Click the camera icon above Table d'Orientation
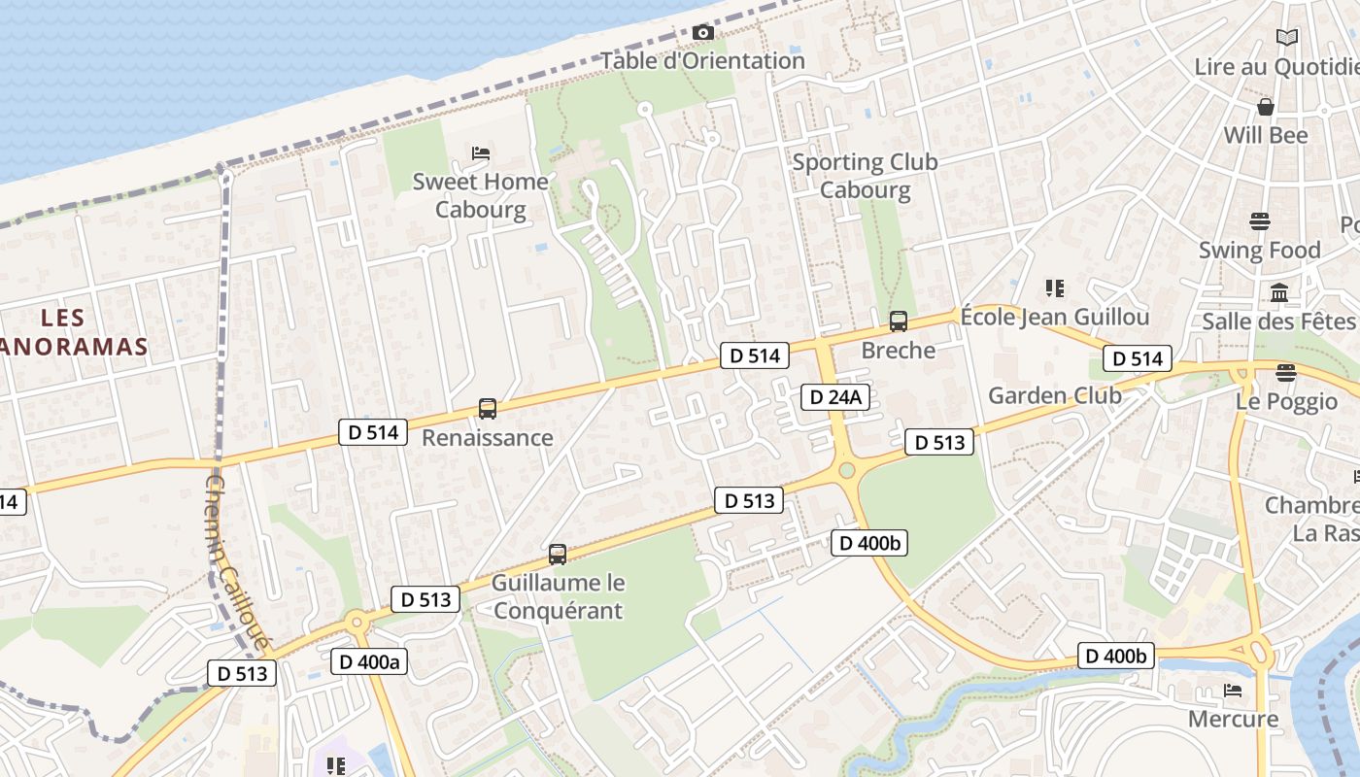coord(703,32)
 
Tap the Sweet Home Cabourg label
coord(480,195)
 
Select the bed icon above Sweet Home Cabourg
coord(480,152)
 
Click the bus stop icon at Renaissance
coord(488,409)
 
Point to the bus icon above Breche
coord(899,321)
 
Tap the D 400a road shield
coord(369,661)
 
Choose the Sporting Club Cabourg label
coord(865,175)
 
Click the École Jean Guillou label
coord(1054,317)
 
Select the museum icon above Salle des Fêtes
coord(1279,292)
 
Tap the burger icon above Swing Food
coord(1260,220)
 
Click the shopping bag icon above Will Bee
coord(1265,106)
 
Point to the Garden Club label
coord(1054,395)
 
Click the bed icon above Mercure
coord(1233,691)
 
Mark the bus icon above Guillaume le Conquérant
coord(557,554)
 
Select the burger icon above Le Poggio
coord(1286,372)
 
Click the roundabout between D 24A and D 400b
coord(846,471)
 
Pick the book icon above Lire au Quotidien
coord(1286,38)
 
